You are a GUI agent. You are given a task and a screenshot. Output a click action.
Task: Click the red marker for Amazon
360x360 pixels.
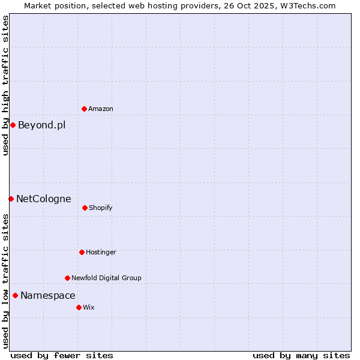(84, 109)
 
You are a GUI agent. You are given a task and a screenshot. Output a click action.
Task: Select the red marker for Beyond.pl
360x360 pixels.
(13, 125)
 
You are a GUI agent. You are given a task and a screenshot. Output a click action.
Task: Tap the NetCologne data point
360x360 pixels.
(11, 199)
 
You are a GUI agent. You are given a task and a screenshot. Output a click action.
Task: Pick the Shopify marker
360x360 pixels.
(85, 208)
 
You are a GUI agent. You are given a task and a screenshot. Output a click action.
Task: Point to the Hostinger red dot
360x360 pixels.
(82, 252)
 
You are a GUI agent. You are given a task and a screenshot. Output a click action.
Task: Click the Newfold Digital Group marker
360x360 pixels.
(67, 278)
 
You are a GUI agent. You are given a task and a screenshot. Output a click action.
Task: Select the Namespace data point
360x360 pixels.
(15, 295)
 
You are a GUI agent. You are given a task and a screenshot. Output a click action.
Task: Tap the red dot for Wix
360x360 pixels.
(79, 307)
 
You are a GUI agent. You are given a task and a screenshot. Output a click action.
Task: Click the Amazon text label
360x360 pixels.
(101, 109)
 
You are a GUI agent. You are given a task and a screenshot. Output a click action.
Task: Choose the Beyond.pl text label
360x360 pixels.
(42, 125)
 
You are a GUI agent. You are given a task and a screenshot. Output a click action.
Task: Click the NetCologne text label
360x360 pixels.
(44, 199)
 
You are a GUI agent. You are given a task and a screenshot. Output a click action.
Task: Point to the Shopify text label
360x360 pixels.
(101, 208)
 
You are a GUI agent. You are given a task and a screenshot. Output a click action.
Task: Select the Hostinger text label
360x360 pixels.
(101, 252)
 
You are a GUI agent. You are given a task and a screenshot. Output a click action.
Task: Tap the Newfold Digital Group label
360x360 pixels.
(107, 278)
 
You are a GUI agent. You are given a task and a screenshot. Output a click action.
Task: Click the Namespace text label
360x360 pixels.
(48, 295)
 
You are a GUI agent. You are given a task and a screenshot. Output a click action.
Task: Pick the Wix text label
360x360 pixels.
(89, 307)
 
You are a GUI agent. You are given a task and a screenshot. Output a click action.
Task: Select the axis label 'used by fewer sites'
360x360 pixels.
(62, 355)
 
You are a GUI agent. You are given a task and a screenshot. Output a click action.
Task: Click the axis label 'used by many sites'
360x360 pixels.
(301, 355)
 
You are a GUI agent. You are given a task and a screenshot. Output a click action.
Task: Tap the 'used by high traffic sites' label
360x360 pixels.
(5, 85)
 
